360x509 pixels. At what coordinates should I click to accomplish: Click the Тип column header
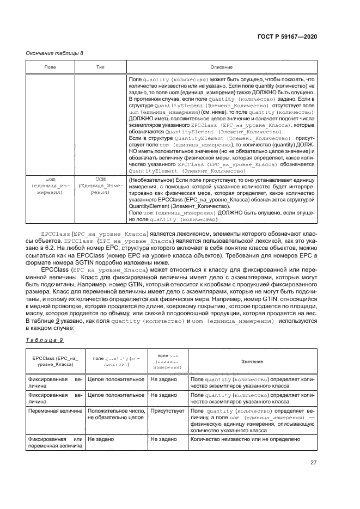[x=101, y=67]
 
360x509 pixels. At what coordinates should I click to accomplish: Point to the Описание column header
[x=222, y=67]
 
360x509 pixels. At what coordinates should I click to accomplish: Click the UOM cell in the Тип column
[x=101, y=193]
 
